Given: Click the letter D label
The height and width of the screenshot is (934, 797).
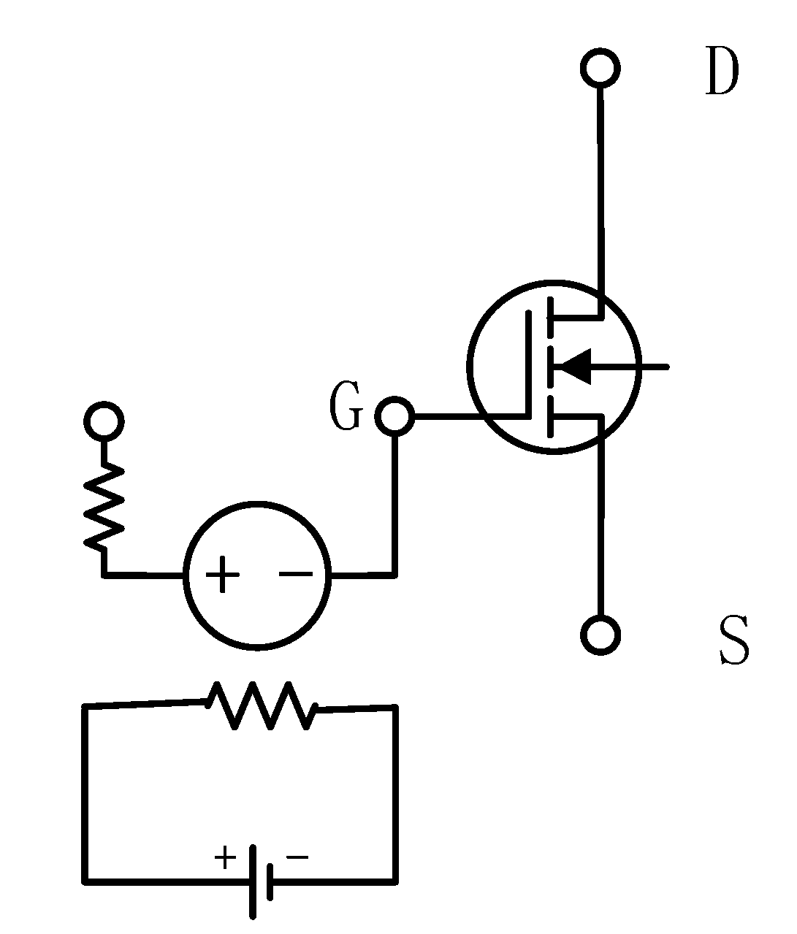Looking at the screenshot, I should [x=722, y=73].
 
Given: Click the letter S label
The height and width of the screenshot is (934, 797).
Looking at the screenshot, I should [x=733, y=641].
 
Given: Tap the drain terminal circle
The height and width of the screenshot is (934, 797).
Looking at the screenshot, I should [x=600, y=69].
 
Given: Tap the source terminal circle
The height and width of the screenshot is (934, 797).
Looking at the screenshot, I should [x=600, y=634].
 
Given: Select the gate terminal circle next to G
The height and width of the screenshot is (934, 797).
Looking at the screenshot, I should [x=394, y=416].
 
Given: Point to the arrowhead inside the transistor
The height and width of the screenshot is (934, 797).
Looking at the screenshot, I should [x=573, y=367].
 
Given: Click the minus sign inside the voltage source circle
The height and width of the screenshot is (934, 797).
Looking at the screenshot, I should [x=295, y=574].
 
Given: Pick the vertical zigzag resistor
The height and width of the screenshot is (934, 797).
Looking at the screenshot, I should [x=104, y=507].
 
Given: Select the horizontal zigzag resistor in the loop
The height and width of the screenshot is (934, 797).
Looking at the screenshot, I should [x=262, y=705].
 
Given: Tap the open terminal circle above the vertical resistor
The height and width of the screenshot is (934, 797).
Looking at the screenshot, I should [x=104, y=421].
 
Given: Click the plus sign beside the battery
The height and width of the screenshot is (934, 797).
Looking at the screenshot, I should [x=226, y=857].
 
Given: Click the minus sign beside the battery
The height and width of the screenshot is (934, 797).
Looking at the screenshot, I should [x=297, y=857].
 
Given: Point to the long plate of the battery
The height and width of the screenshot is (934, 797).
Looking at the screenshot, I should [x=253, y=881].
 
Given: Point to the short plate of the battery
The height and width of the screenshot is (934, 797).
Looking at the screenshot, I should [x=271, y=881].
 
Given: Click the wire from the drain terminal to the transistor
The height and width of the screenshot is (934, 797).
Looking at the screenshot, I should [x=601, y=190].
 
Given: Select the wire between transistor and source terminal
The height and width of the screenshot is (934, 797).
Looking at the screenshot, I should [x=600, y=526].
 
